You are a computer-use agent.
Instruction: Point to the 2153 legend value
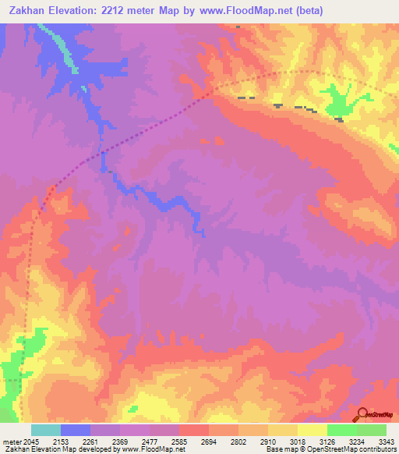(61, 442)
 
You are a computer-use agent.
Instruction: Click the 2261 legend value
(90, 442)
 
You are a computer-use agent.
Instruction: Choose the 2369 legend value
(120, 442)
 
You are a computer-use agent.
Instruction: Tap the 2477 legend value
(150, 442)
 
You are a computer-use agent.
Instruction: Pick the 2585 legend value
(179, 442)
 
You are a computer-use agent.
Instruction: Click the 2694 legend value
(209, 442)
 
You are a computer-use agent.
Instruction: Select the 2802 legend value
(238, 442)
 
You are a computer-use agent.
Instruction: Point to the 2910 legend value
(268, 442)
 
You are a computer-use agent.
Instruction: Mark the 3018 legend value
(298, 442)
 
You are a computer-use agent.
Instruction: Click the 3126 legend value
(327, 442)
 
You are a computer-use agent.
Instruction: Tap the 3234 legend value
(357, 442)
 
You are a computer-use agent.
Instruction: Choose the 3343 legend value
(384, 442)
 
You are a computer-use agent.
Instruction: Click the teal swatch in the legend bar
(46, 430)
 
